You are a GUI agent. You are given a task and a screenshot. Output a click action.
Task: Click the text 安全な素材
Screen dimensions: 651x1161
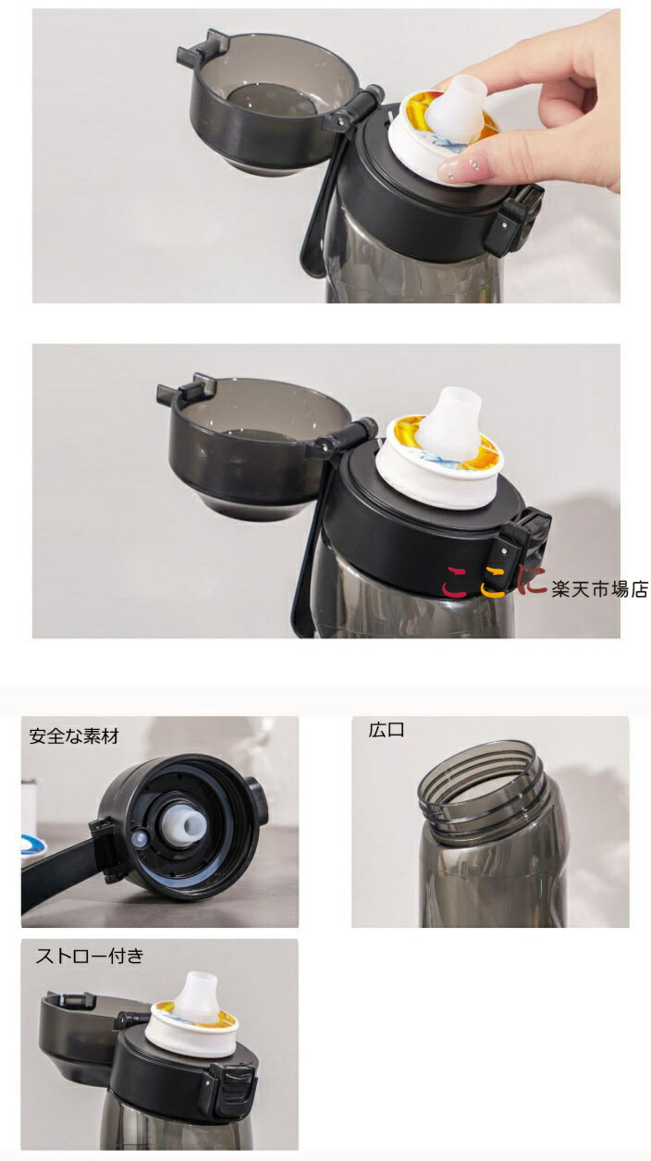[74, 736]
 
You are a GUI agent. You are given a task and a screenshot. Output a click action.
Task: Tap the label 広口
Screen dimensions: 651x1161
[387, 730]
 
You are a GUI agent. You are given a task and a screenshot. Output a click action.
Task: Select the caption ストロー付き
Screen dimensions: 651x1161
[90, 956]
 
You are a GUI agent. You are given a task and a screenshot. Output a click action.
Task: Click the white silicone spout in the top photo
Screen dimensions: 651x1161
[456, 106]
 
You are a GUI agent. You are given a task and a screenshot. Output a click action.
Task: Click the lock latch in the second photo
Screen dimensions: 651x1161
[523, 544]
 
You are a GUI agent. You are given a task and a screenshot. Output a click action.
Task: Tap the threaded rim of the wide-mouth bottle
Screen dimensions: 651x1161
[482, 783]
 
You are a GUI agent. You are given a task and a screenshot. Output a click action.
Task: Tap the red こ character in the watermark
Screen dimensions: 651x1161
[456, 582]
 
